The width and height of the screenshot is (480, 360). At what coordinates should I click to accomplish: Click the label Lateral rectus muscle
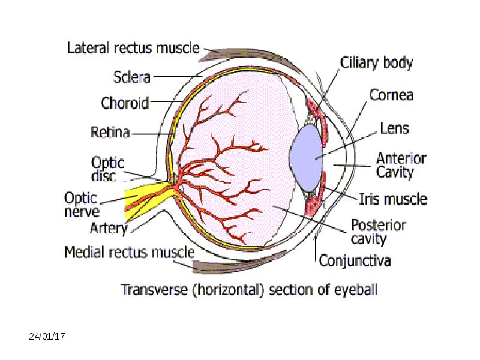click(x=133, y=48)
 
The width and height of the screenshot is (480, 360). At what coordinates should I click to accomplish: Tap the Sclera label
click(x=132, y=77)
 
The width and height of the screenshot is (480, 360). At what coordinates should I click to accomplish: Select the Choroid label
click(x=125, y=103)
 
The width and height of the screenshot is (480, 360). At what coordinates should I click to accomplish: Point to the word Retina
click(x=110, y=132)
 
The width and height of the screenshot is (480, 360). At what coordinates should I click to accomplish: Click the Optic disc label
click(x=108, y=169)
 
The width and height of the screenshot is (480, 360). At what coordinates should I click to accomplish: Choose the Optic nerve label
click(x=82, y=205)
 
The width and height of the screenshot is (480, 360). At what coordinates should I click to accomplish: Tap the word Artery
click(x=109, y=229)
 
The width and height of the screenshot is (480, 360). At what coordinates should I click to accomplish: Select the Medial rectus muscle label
click(x=130, y=252)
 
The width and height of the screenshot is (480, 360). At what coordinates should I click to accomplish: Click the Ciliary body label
click(x=377, y=63)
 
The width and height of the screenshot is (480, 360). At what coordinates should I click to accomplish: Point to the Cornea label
click(x=391, y=95)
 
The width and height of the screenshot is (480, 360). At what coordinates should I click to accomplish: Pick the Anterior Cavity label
click(x=401, y=166)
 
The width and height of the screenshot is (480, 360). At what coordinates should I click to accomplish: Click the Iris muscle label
click(x=393, y=199)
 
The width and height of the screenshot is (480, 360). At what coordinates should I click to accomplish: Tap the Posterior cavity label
click(x=379, y=232)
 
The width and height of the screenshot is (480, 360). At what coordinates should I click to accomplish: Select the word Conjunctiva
click(x=355, y=261)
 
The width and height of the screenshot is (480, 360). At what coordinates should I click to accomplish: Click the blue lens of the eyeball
click(x=306, y=158)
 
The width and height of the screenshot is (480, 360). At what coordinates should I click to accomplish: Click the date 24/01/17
click(x=47, y=337)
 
